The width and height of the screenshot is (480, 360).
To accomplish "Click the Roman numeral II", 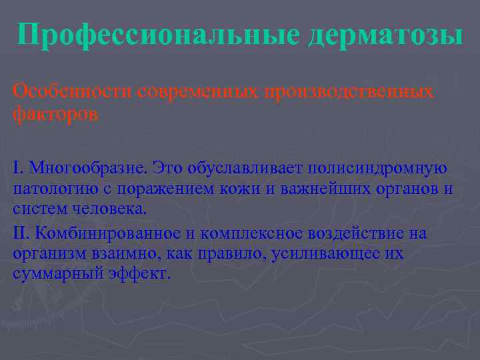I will pos(21,233).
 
